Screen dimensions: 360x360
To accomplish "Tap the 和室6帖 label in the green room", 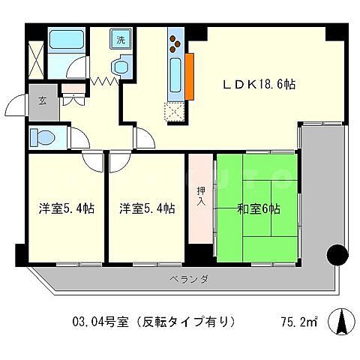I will tap(259, 208).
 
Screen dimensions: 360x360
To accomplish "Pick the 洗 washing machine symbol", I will tap(120, 37).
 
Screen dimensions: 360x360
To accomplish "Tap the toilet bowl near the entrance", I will tap(43, 137).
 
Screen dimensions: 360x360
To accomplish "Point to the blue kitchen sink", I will tap(175, 75).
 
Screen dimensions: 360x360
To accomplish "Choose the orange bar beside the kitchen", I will tap(190, 77).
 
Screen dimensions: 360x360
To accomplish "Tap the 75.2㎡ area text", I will tap(298, 322).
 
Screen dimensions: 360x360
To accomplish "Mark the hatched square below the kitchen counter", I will tap(175, 111).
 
